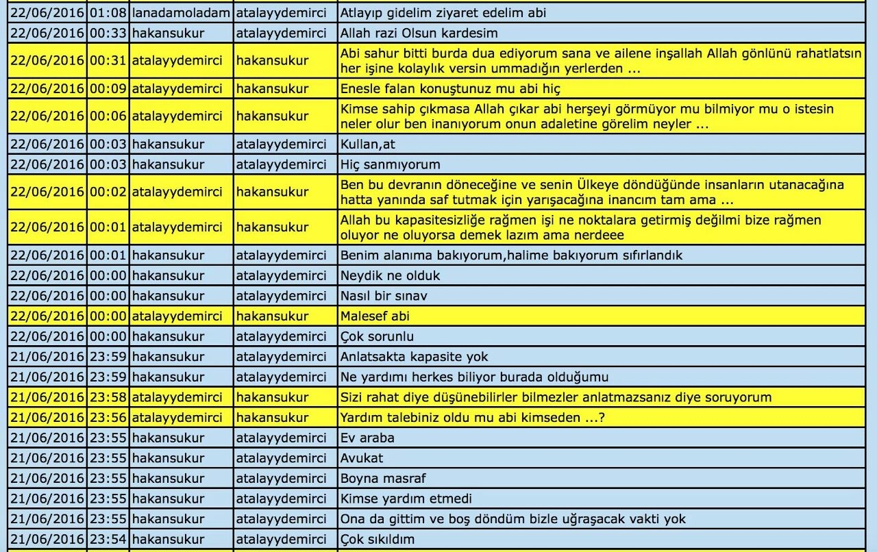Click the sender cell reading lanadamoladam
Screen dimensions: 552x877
click(x=181, y=12)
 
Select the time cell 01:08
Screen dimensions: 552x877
click(x=108, y=12)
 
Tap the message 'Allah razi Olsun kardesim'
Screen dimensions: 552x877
click(x=419, y=33)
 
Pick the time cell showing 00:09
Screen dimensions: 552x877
click(x=108, y=88)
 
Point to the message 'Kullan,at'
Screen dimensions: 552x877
click(x=368, y=144)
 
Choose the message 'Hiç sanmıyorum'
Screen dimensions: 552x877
click(x=390, y=164)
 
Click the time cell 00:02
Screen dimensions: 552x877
click(x=108, y=192)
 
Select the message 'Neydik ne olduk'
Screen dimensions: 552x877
click(x=390, y=275)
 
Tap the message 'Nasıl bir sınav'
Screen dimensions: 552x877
click(x=384, y=296)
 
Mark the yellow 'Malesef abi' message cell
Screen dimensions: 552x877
click(x=375, y=316)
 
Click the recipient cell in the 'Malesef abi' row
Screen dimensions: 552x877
click(x=272, y=316)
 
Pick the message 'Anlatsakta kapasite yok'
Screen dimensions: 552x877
click(x=414, y=356)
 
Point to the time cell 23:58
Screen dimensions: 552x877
click(x=108, y=397)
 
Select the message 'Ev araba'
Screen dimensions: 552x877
click(x=367, y=438)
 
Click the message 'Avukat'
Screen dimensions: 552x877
click(x=362, y=457)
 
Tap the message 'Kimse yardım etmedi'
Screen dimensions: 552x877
click(x=406, y=498)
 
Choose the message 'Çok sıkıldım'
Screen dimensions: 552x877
click(x=377, y=539)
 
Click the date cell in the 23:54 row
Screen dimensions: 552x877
click(x=47, y=539)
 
